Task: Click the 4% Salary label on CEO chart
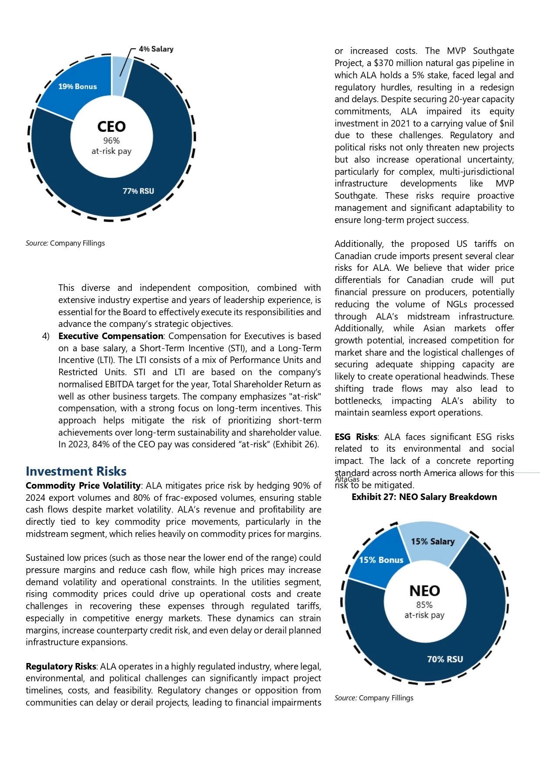point(156,49)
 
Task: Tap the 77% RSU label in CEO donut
point(138,191)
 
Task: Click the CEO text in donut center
point(111,127)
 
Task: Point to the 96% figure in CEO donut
point(111,140)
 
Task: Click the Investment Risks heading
point(76,471)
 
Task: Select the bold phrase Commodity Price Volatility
point(83,486)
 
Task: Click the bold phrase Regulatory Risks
point(61,666)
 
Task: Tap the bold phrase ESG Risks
point(356,437)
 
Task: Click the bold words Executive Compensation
point(111,336)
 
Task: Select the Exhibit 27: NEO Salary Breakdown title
point(424,497)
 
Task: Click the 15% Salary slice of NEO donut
point(433,541)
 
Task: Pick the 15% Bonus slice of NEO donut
point(381,560)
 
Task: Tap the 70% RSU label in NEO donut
point(445,659)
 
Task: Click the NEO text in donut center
point(425,591)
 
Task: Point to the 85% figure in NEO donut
point(424,605)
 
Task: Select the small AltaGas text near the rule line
point(347,479)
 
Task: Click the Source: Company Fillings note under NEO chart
point(374,698)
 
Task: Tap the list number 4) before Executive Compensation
point(46,336)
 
